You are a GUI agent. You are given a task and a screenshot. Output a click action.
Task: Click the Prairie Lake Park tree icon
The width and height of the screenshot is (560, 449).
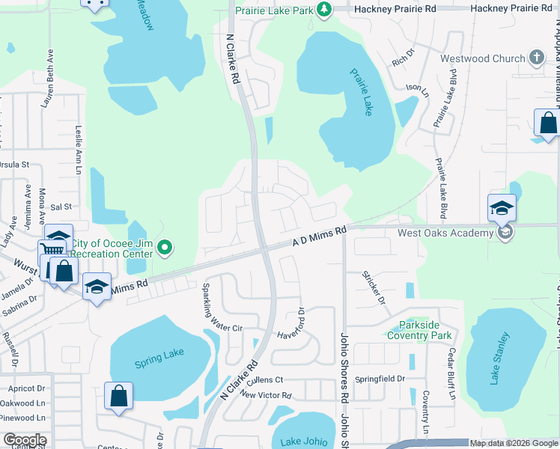[x=324, y=9]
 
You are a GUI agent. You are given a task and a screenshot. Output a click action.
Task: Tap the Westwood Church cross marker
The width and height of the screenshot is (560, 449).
[x=536, y=58]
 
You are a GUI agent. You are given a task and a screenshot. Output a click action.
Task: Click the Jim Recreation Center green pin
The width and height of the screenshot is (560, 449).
[x=167, y=246]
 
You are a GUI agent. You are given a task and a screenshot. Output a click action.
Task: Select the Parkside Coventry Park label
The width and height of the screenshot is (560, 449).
[x=419, y=331]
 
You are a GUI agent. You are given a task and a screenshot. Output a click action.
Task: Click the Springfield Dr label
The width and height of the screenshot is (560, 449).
[x=380, y=379]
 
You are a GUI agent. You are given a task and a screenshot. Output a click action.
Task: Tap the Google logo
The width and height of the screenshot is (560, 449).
[x=25, y=440]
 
